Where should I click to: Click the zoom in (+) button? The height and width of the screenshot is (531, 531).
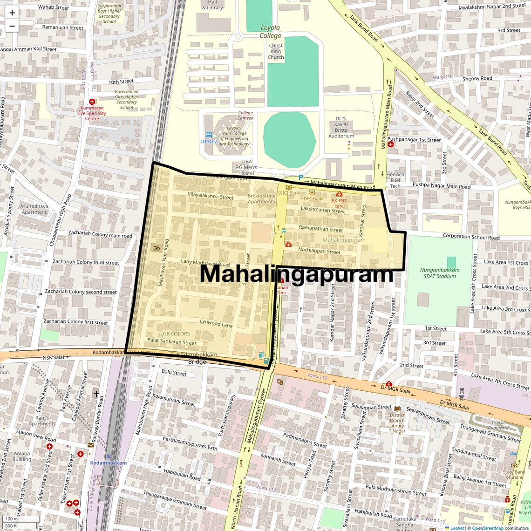coord(12,13)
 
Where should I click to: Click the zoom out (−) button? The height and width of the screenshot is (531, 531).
coord(12,26)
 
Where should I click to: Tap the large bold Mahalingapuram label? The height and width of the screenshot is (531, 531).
coord(296,274)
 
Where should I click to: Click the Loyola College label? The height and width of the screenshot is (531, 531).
coord(271,32)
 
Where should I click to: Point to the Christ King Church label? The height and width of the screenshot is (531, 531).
coord(276,52)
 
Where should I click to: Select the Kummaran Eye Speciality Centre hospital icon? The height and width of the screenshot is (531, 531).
coord(92,102)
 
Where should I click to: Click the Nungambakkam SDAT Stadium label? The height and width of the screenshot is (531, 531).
coord(440,273)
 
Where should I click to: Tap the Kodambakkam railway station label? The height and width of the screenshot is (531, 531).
coord(109,463)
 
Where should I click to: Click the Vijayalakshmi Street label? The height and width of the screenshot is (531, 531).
coord(210,196)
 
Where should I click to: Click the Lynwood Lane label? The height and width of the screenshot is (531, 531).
coord(216,323)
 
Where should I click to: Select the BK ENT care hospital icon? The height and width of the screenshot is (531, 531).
coord(339,194)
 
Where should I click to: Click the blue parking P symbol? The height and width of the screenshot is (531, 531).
coord(300,177)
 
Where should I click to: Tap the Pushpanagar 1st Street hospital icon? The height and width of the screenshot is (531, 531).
coord(391,144)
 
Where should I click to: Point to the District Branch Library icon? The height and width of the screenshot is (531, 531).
coord(397,408)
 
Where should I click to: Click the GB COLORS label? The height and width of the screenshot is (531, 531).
coord(176,334)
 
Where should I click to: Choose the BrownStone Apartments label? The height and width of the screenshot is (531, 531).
coord(261,199)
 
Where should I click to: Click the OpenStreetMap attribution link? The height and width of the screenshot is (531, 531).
coord(487,528)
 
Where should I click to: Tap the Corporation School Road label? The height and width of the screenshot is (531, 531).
coord(471,237)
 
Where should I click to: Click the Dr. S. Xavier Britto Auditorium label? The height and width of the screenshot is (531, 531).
coord(341,127)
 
